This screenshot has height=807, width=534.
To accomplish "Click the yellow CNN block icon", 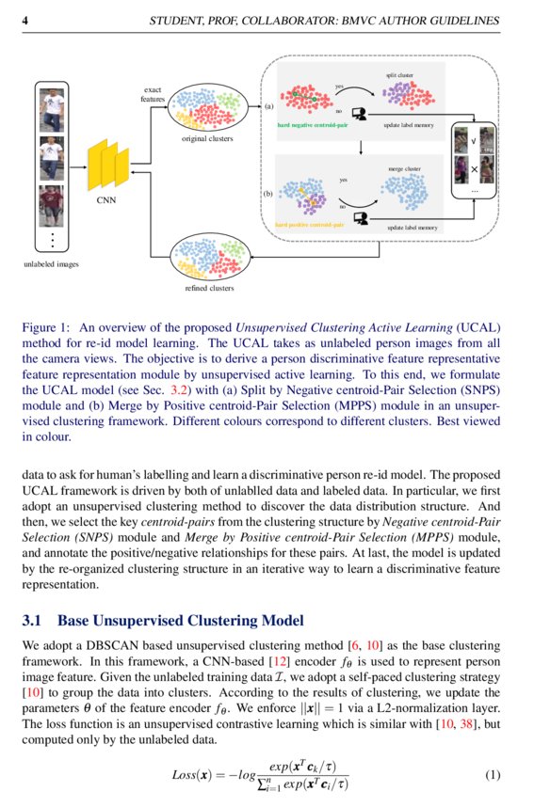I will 108,166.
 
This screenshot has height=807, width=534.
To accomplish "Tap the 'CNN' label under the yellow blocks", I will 106,200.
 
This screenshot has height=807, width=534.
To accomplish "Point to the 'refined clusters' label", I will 209,289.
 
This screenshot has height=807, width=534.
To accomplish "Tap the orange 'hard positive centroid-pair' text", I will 309,226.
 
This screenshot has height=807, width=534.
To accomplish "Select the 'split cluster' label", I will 399,73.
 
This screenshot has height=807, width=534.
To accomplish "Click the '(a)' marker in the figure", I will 268,107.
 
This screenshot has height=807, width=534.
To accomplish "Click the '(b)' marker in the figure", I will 267,194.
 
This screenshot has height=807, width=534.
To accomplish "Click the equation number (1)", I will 493,775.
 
